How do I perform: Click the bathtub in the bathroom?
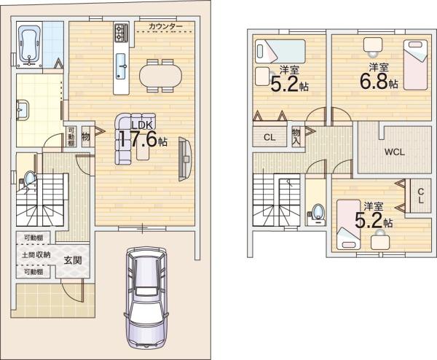tap(29, 45)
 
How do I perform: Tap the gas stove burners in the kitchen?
tap(121, 33)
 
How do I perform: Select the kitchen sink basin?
tap(121, 66)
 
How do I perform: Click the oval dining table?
tap(160, 76)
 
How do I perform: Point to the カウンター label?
tap(165, 26)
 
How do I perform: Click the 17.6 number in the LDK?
tap(138, 138)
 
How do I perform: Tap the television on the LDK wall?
tap(184, 159)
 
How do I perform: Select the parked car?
tap(146, 297)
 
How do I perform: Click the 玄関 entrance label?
tap(73, 260)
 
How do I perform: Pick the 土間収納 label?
tap(36, 254)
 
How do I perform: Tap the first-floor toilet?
tap(28, 179)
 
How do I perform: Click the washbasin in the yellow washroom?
tap(23, 110)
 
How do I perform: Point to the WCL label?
tap(394, 152)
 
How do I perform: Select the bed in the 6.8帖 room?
tap(415, 65)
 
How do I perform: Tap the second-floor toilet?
tap(317, 214)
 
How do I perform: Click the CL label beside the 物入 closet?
tap(269, 137)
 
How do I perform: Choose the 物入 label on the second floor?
tap(296, 136)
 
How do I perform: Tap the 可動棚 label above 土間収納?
tap(34, 238)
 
